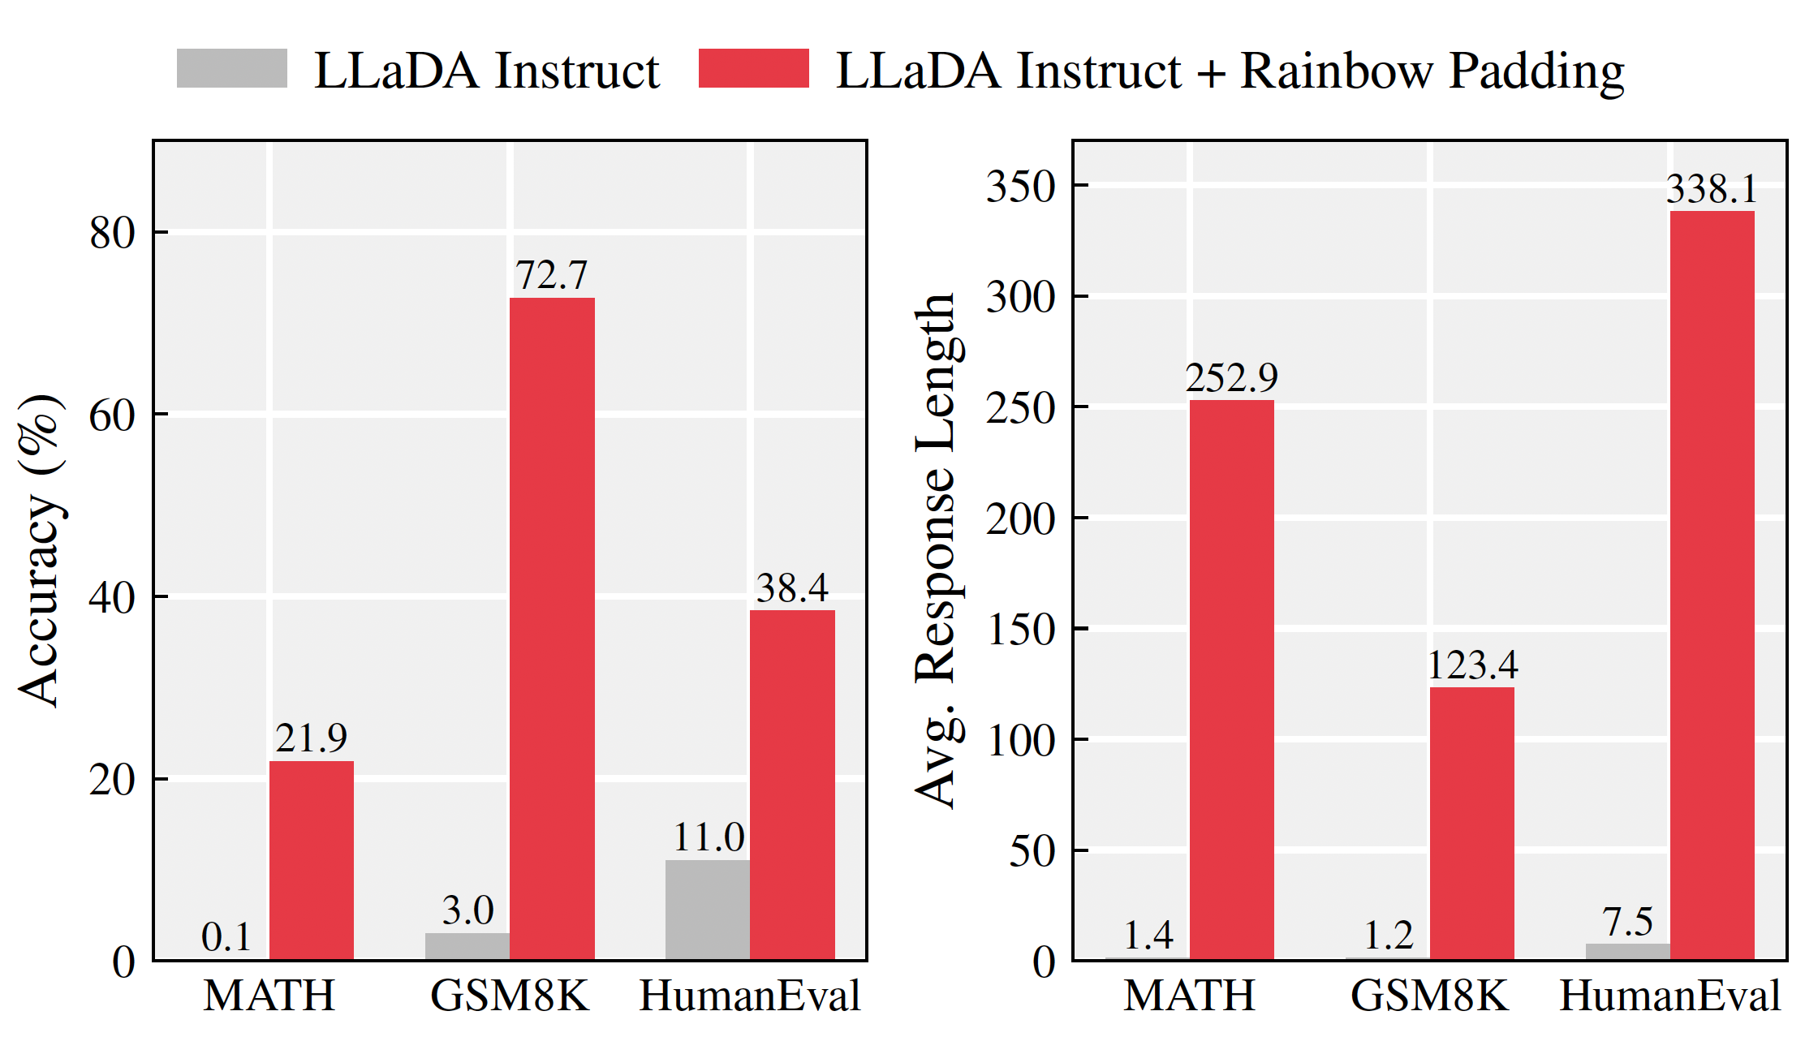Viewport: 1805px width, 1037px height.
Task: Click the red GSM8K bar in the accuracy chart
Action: coord(552,629)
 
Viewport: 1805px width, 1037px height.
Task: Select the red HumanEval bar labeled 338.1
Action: coord(1712,585)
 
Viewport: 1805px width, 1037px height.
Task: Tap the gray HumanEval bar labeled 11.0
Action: coord(708,910)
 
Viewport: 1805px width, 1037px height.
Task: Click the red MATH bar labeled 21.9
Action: coord(312,860)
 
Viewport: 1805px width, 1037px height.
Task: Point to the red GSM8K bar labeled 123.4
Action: coord(1471,824)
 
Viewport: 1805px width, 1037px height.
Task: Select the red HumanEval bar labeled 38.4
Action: coord(792,785)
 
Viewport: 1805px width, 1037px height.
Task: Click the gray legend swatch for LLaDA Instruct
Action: coord(232,68)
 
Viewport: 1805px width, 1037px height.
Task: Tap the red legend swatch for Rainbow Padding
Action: coord(753,68)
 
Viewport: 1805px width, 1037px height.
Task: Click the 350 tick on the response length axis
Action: coord(1021,186)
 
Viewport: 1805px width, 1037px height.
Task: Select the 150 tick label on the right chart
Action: coord(1021,630)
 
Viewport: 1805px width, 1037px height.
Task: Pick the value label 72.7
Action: coord(551,276)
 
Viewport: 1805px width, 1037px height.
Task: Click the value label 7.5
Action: coord(1627,923)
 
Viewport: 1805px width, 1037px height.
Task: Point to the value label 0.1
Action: coord(226,937)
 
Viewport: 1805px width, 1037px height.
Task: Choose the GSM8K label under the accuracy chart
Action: coord(510,996)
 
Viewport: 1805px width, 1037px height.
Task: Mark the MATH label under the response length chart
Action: coord(1189,996)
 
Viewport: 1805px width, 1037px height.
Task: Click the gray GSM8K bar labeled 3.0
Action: coord(467,946)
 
